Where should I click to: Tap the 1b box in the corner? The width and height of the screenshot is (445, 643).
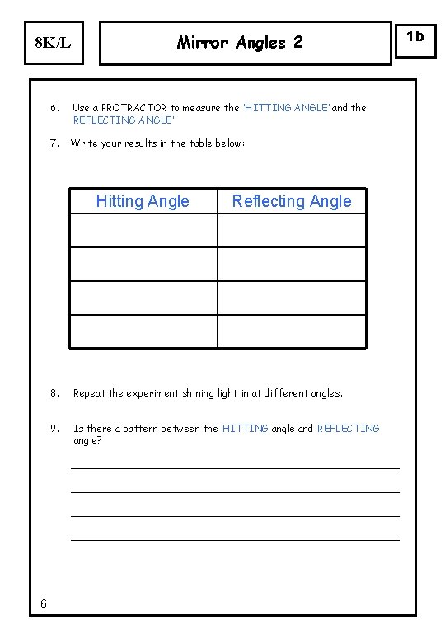415,36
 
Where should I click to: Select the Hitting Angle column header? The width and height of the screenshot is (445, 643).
143,201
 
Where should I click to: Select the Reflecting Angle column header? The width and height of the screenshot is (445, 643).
292,201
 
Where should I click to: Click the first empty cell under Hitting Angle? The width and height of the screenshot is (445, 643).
143,231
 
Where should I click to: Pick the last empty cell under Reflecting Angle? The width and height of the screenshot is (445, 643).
292,331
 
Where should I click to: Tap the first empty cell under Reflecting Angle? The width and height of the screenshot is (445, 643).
292,231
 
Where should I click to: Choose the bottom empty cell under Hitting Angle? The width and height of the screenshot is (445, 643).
143,331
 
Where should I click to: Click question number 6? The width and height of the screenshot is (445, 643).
54,108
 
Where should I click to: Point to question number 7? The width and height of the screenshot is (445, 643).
54,143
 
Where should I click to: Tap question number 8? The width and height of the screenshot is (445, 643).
54,393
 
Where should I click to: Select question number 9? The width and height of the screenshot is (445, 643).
54,429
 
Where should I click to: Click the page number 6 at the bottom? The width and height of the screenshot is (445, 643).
43,605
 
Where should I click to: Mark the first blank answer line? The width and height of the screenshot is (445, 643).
235,468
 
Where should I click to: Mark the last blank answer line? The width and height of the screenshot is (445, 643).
235,540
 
